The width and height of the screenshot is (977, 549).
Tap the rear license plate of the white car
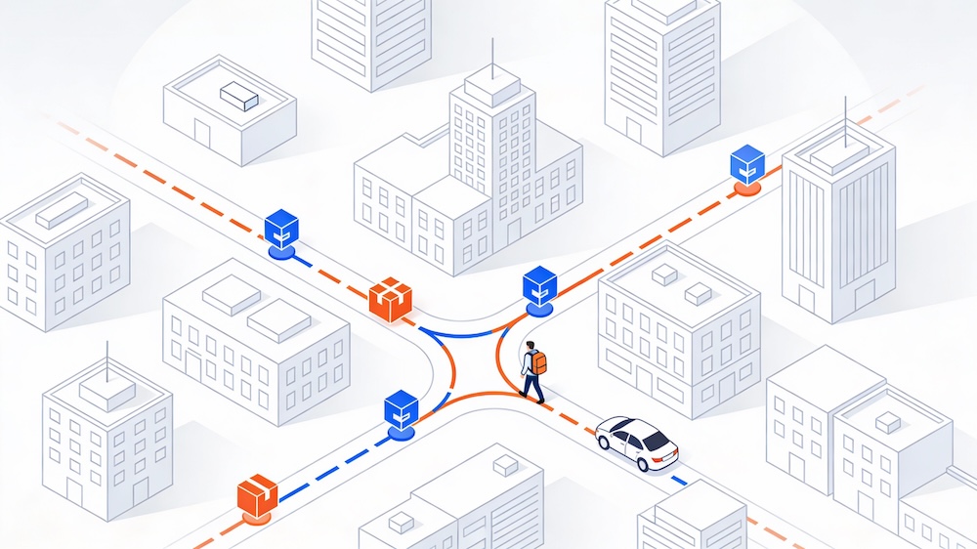tap(668, 456)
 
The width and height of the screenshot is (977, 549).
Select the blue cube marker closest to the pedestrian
tap(539, 286)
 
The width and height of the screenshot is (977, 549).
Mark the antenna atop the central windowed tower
tap(491, 53)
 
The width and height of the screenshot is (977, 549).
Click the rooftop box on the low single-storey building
tap(239, 96)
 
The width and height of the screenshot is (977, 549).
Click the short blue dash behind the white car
tap(679, 481)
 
